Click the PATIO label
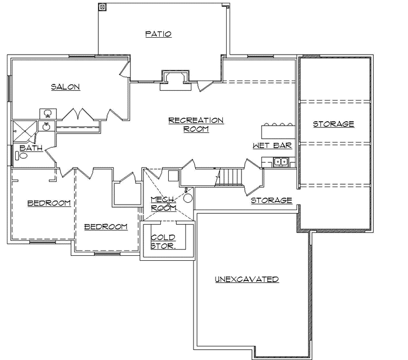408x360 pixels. click(x=158, y=34)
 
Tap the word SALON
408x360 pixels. click(x=65, y=87)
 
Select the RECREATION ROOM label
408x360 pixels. click(x=196, y=125)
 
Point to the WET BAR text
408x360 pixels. click(x=272, y=145)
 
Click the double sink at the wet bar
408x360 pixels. click(x=281, y=163)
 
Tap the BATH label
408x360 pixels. click(x=30, y=148)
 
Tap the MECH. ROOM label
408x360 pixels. click(x=163, y=203)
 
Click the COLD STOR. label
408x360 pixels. click(x=163, y=242)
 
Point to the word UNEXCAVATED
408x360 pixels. click(x=247, y=279)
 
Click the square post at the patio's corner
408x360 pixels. click(x=102, y=7)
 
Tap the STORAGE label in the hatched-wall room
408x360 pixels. click(x=333, y=124)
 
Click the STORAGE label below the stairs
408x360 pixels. click(x=271, y=200)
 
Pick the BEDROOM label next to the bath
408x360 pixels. click(x=49, y=203)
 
